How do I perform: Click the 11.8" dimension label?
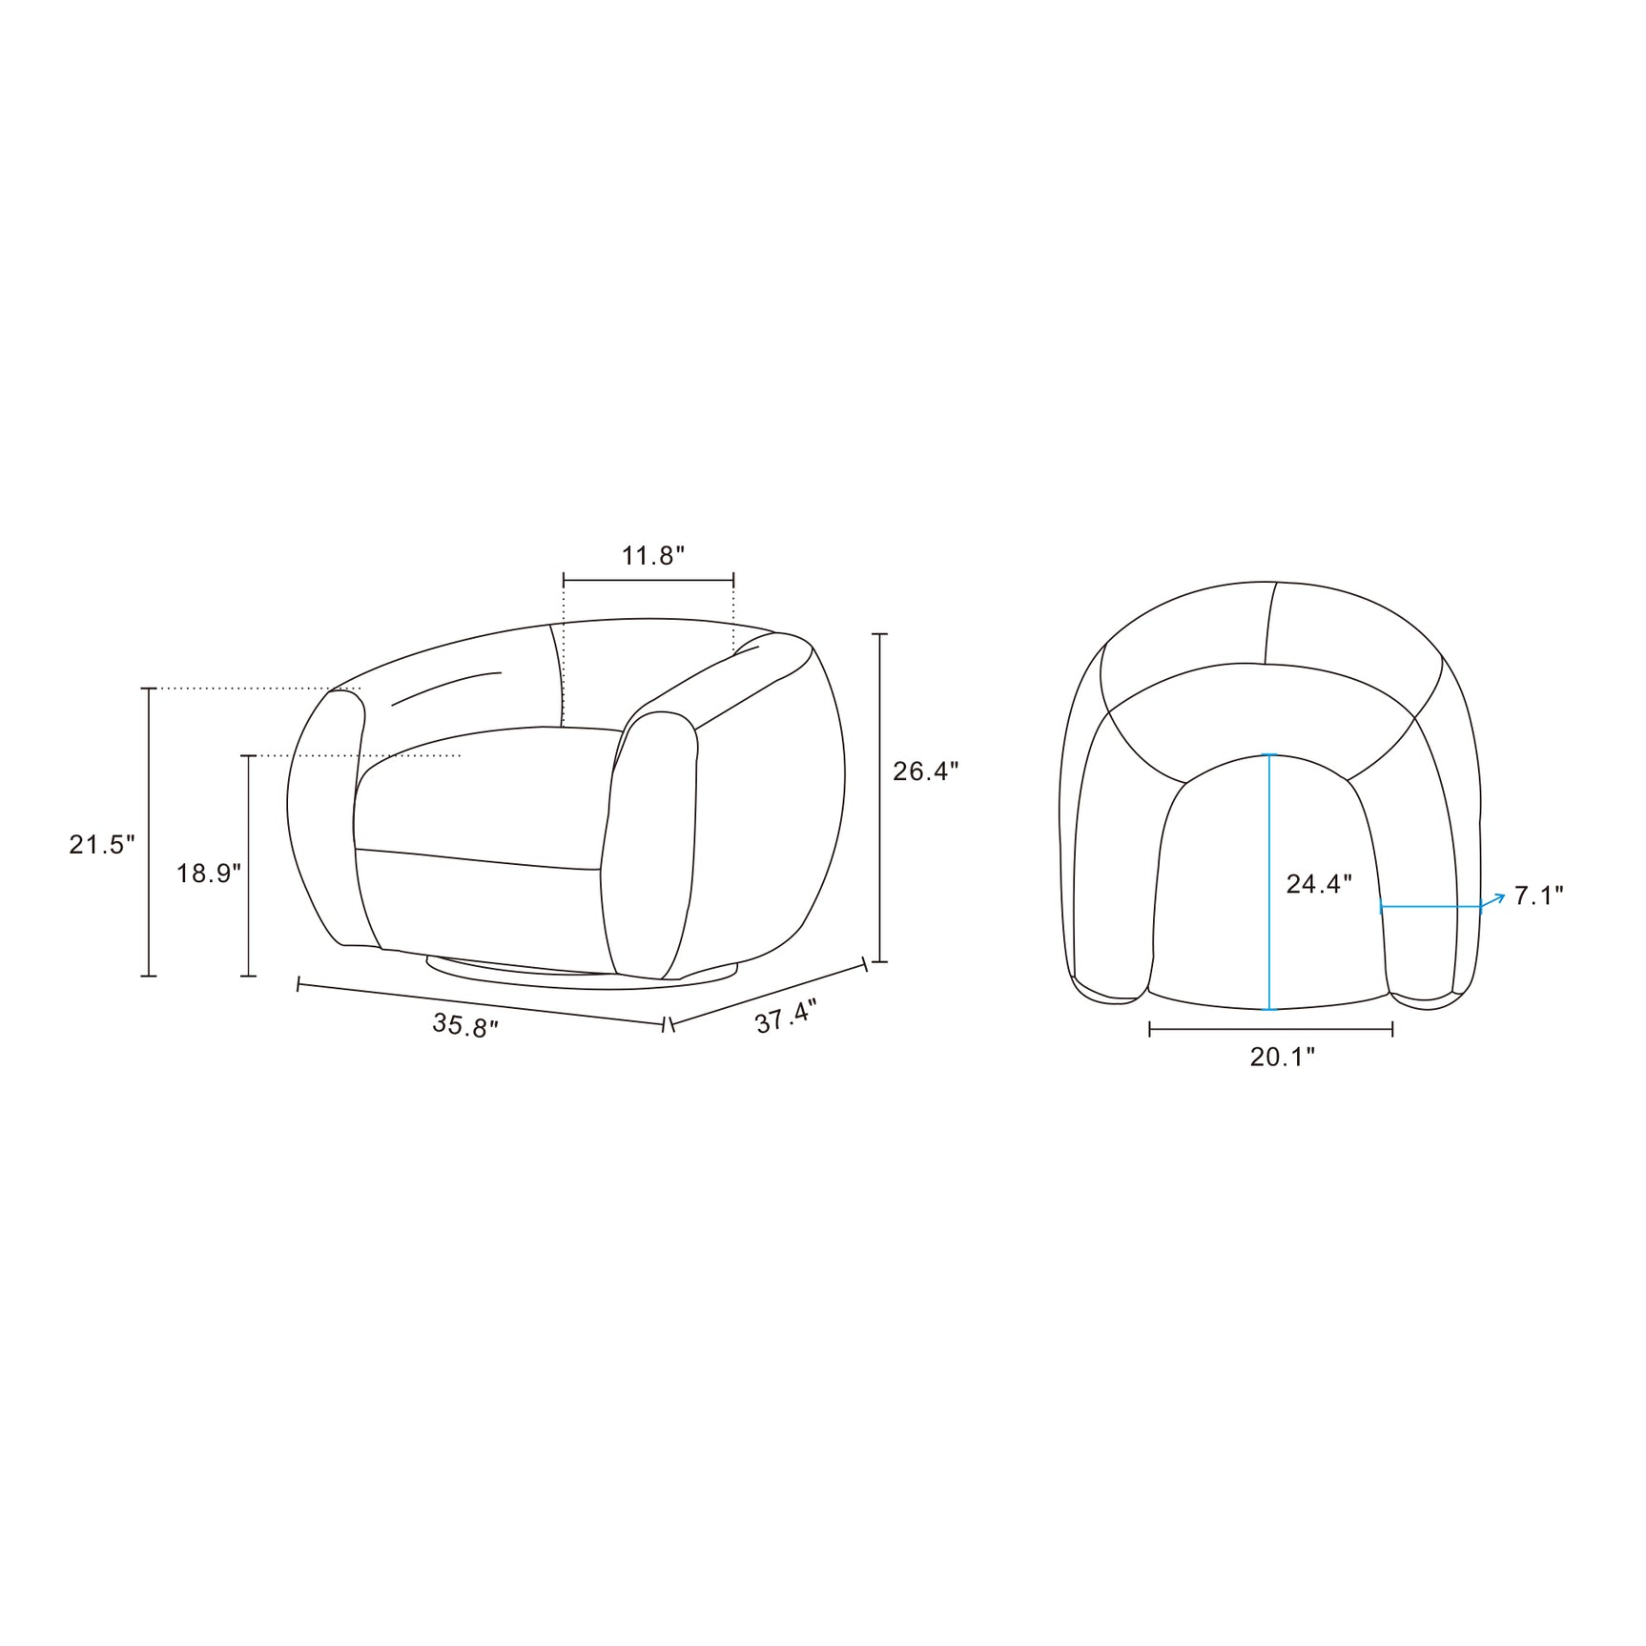(653, 555)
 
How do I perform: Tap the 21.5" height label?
(102, 844)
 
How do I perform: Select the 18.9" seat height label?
(209, 873)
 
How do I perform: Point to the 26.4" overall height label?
(925, 771)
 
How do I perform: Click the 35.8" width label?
(465, 1026)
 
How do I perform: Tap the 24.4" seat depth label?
(1319, 884)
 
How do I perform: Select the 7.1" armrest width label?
(1539, 895)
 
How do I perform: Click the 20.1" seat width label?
(1283, 1057)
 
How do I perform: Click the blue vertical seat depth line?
(1269, 882)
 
